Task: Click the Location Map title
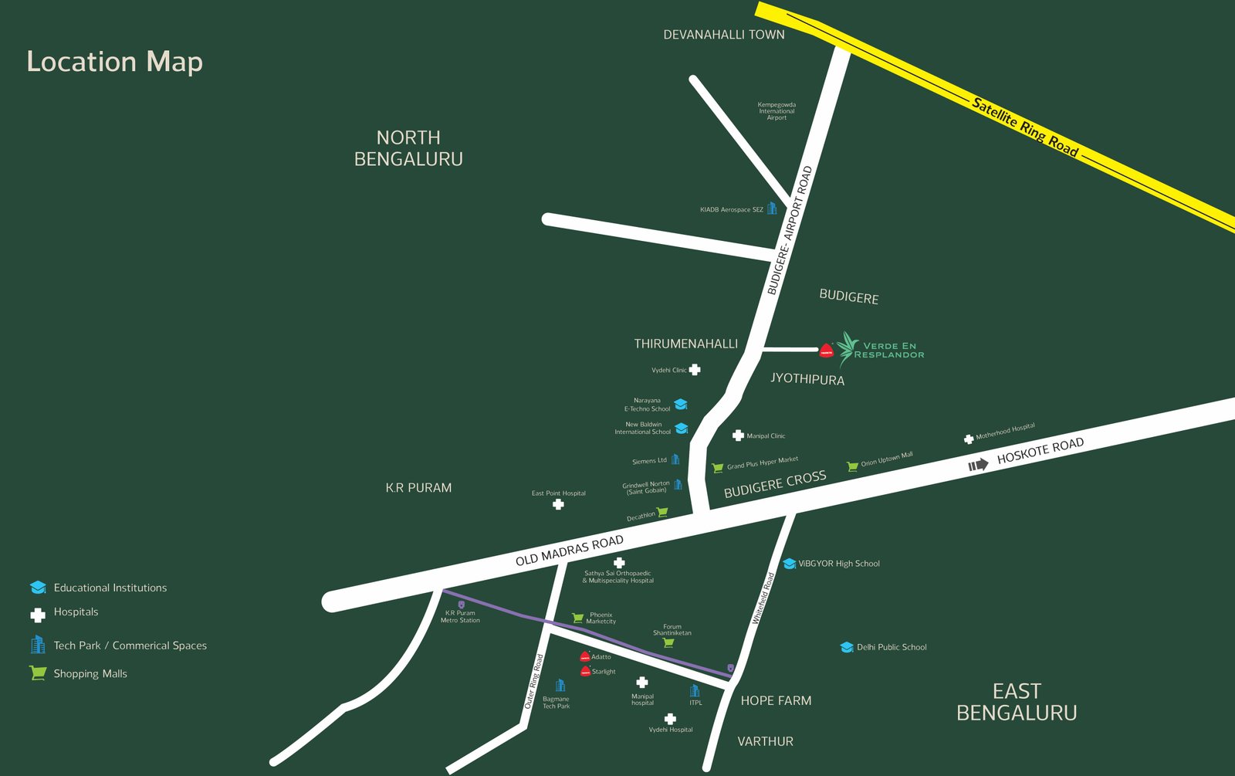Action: click(114, 62)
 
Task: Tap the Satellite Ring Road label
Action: click(1025, 127)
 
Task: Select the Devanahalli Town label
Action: click(723, 35)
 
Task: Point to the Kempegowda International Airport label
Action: click(777, 111)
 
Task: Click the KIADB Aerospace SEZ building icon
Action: click(772, 208)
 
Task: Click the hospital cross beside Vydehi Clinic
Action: click(695, 370)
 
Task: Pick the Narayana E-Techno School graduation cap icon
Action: click(680, 405)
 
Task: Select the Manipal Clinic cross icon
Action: click(738, 435)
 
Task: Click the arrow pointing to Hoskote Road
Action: click(978, 465)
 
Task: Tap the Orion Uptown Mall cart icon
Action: click(852, 466)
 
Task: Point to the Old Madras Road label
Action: click(569, 551)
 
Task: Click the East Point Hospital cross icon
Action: click(558, 504)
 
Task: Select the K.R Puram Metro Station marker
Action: click(462, 605)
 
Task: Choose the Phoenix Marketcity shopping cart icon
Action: click(577, 618)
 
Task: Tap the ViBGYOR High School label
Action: click(838, 564)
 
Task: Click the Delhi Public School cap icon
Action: click(847, 647)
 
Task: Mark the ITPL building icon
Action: click(695, 690)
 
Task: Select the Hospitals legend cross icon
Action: click(38, 615)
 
